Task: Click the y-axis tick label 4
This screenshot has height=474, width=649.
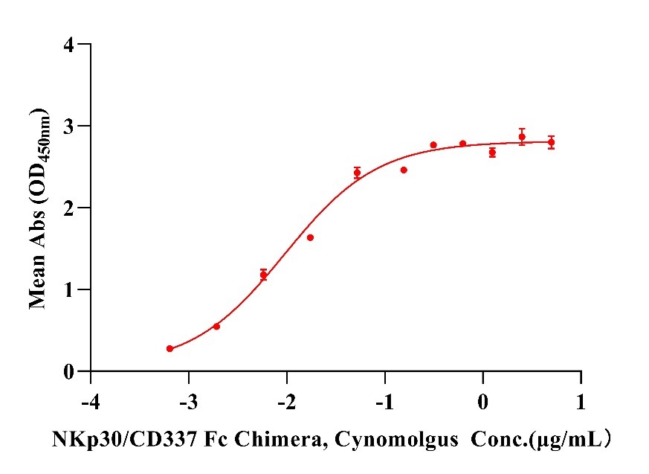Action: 69,45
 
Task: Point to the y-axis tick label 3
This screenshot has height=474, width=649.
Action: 69,126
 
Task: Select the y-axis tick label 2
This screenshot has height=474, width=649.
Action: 69,208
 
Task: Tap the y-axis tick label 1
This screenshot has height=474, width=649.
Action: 69,289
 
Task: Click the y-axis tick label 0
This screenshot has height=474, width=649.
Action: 69,371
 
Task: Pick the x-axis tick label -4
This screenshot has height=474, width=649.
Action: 91,403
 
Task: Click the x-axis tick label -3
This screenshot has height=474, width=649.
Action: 189,403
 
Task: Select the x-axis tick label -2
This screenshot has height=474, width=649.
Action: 287,403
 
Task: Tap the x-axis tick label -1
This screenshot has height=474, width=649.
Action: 385,403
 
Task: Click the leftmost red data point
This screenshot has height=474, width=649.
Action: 169,348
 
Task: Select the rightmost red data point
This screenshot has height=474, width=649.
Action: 551,142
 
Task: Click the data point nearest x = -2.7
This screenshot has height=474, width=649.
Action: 216,326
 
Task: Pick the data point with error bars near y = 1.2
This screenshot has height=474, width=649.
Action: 263,275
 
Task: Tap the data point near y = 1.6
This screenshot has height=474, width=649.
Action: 310,237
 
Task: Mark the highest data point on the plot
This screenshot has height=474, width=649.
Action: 522,136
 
